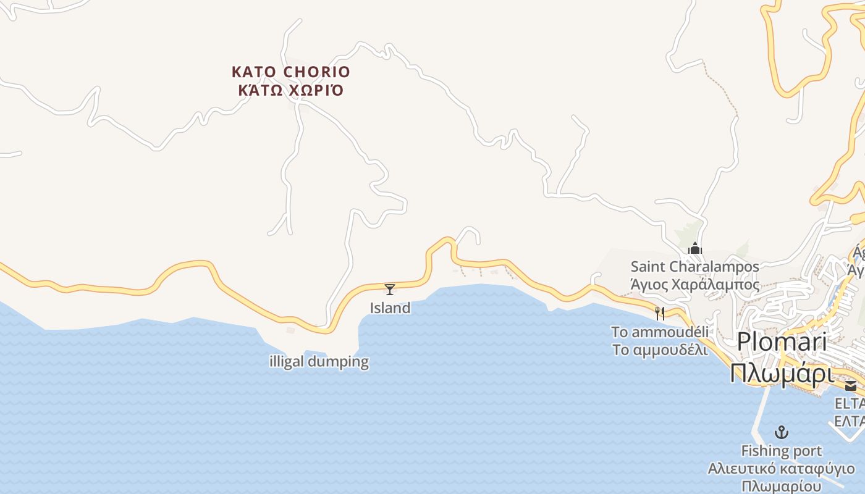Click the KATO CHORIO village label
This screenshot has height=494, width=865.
[290, 72]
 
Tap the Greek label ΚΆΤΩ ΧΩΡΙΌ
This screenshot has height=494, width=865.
[290, 91]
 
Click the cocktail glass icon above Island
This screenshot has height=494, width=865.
[390, 289]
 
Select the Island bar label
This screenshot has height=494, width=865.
[390, 308]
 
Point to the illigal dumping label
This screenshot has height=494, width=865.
[319, 361]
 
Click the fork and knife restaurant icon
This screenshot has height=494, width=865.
[660, 314]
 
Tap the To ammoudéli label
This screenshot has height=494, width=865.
[660, 332]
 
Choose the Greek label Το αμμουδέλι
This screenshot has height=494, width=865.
[660, 349]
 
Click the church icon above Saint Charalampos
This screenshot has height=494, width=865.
[695, 249]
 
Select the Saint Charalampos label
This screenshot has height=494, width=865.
[694, 267]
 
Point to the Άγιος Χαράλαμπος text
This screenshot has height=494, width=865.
[694, 285]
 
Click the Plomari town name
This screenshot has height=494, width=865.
[782, 341]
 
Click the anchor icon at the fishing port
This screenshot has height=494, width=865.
[782, 432]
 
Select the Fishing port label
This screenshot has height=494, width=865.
[782, 451]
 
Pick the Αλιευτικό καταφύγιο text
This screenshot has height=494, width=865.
[782, 469]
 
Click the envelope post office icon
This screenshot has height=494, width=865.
[851, 386]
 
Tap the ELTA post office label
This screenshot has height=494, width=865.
[850, 404]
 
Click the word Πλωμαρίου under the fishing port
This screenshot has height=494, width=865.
[782, 486]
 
